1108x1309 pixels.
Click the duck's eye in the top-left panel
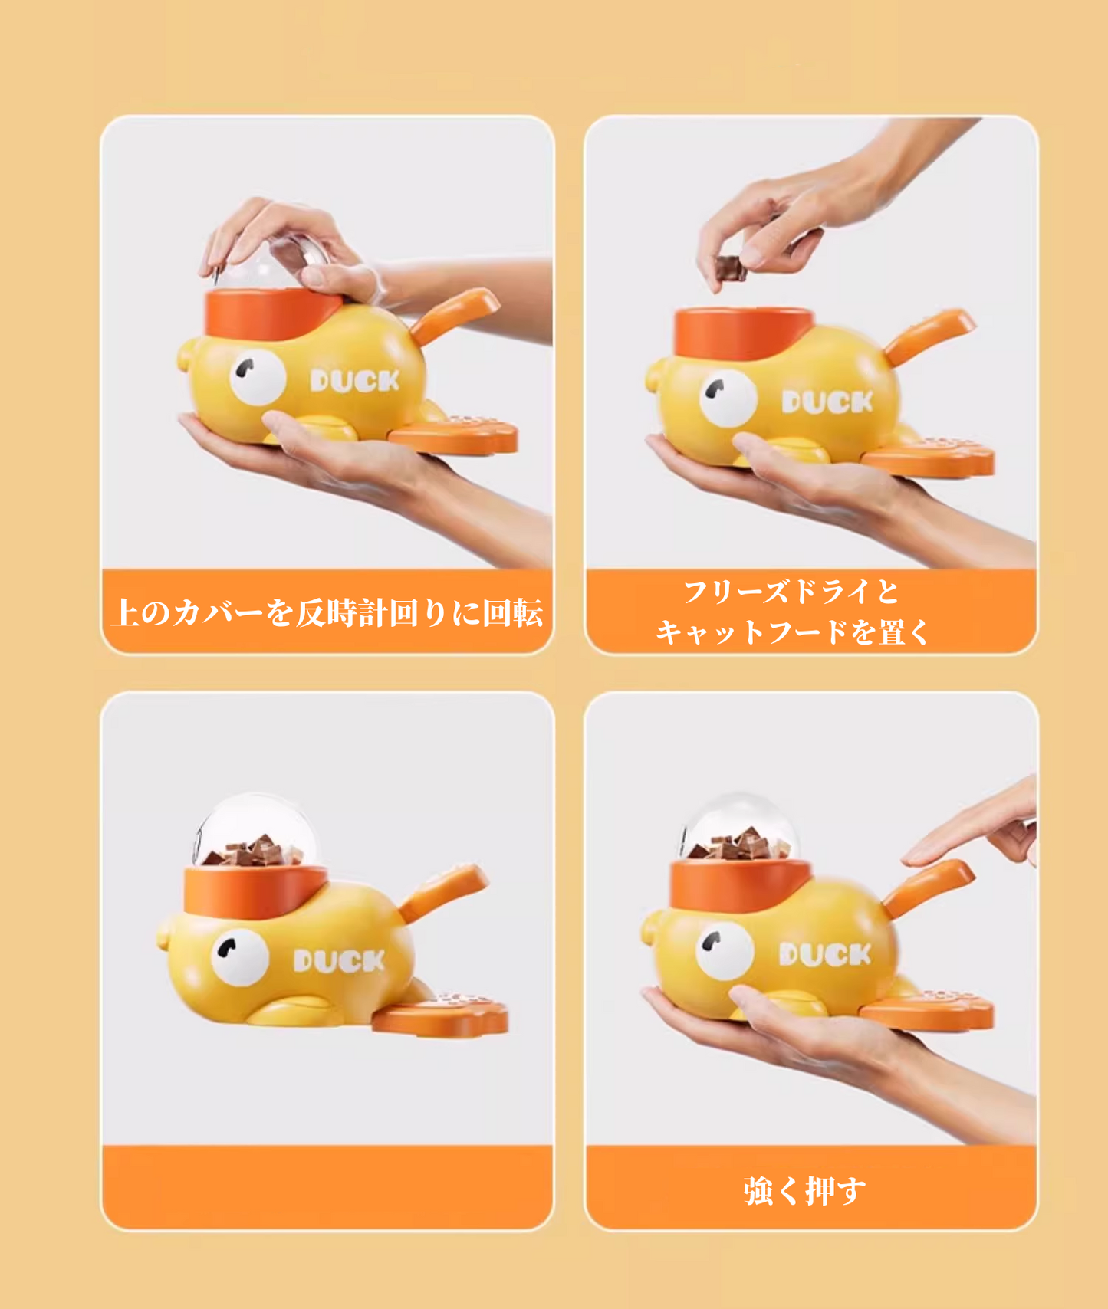[258, 377]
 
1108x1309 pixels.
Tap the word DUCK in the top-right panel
[827, 402]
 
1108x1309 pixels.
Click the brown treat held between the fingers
[730, 268]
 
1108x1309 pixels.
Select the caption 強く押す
[804, 1190]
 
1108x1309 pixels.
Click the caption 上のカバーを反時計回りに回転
[327, 613]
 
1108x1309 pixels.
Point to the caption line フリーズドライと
[791, 591]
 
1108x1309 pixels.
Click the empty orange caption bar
[327, 1186]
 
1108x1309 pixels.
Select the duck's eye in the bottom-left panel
[240, 957]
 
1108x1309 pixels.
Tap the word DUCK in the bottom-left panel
[339, 961]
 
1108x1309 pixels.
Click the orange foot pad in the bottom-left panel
[441, 1015]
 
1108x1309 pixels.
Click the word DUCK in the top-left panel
[355, 380]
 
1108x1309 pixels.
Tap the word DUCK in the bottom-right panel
[825, 954]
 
